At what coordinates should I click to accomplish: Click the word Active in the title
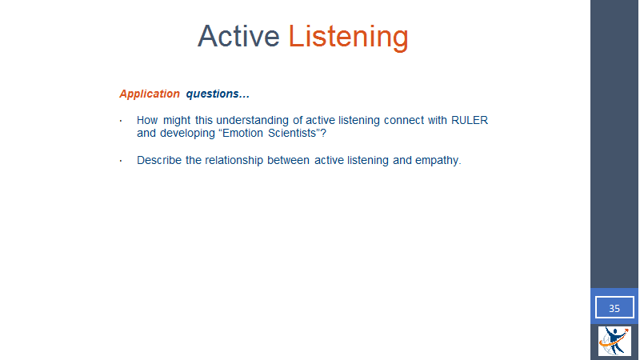click(238, 36)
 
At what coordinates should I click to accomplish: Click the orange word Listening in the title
click(349, 38)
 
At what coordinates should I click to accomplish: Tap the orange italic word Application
click(150, 94)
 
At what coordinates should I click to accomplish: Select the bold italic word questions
click(218, 94)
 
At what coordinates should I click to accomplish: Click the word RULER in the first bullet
click(470, 121)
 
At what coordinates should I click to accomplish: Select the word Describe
click(159, 160)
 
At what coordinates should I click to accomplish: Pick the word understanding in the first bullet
click(252, 121)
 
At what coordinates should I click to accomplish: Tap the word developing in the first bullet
click(187, 134)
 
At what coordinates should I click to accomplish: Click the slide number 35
click(614, 308)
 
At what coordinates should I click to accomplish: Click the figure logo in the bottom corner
click(614, 341)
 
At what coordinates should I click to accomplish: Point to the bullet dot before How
click(121, 121)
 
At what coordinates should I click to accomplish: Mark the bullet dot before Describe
click(121, 161)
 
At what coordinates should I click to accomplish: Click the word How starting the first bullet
click(147, 121)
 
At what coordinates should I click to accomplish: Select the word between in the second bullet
click(288, 161)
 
